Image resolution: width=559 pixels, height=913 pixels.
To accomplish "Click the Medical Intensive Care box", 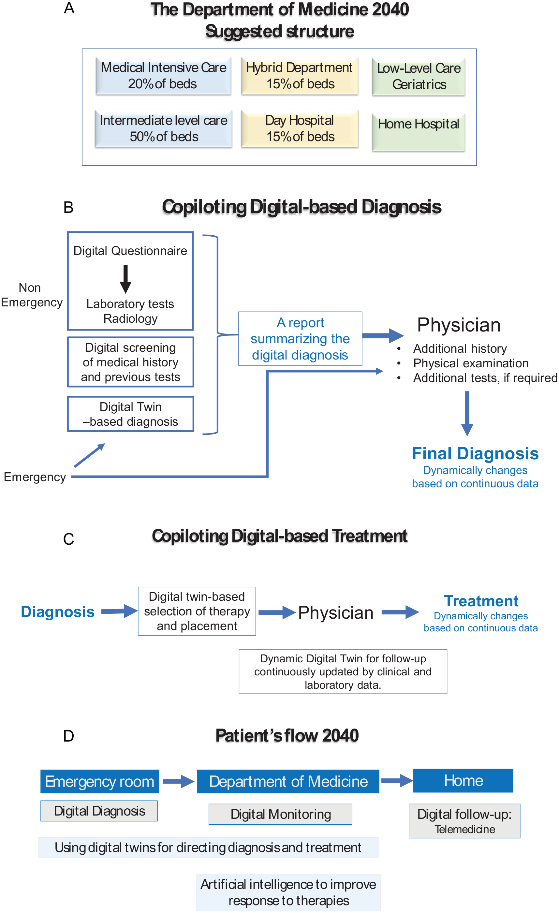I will pyautogui.click(x=163, y=76).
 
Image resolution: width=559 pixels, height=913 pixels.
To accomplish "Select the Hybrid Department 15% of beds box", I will pyautogui.click(x=299, y=76).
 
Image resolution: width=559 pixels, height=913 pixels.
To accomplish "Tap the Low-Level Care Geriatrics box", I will pyautogui.click(x=418, y=77).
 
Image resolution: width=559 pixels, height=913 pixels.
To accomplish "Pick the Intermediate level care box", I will pyautogui.click(x=163, y=128).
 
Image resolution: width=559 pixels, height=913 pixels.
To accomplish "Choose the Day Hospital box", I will pyautogui.click(x=299, y=128).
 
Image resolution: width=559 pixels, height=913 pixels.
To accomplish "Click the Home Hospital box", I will pyautogui.click(x=418, y=132).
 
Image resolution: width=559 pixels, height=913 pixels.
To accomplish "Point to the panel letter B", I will pyautogui.click(x=68, y=208).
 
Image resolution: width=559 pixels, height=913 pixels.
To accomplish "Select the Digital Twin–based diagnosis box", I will pyautogui.click(x=130, y=414).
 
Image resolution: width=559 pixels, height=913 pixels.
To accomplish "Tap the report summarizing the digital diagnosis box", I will pyautogui.click(x=300, y=338).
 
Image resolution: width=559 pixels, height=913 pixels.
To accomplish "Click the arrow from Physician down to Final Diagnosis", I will pyautogui.click(x=467, y=413).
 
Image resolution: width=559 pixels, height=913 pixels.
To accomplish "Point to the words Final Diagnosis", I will pyautogui.click(x=475, y=453).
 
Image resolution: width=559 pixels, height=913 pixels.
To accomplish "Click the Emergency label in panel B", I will pyautogui.click(x=35, y=477).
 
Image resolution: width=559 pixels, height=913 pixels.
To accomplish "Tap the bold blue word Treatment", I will pyautogui.click(x=481, y=601).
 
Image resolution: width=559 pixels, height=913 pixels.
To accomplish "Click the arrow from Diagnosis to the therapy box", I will pyautogui.click(x=119, y=611).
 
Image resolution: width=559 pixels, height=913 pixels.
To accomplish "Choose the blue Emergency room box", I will pyautogui.click(x=100, y=781).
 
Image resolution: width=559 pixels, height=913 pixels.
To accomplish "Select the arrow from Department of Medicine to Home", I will pyautogui.click(x=396, y=780).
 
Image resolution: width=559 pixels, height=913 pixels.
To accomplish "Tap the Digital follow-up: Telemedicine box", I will pyautogui.click(x=464, y=821).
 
